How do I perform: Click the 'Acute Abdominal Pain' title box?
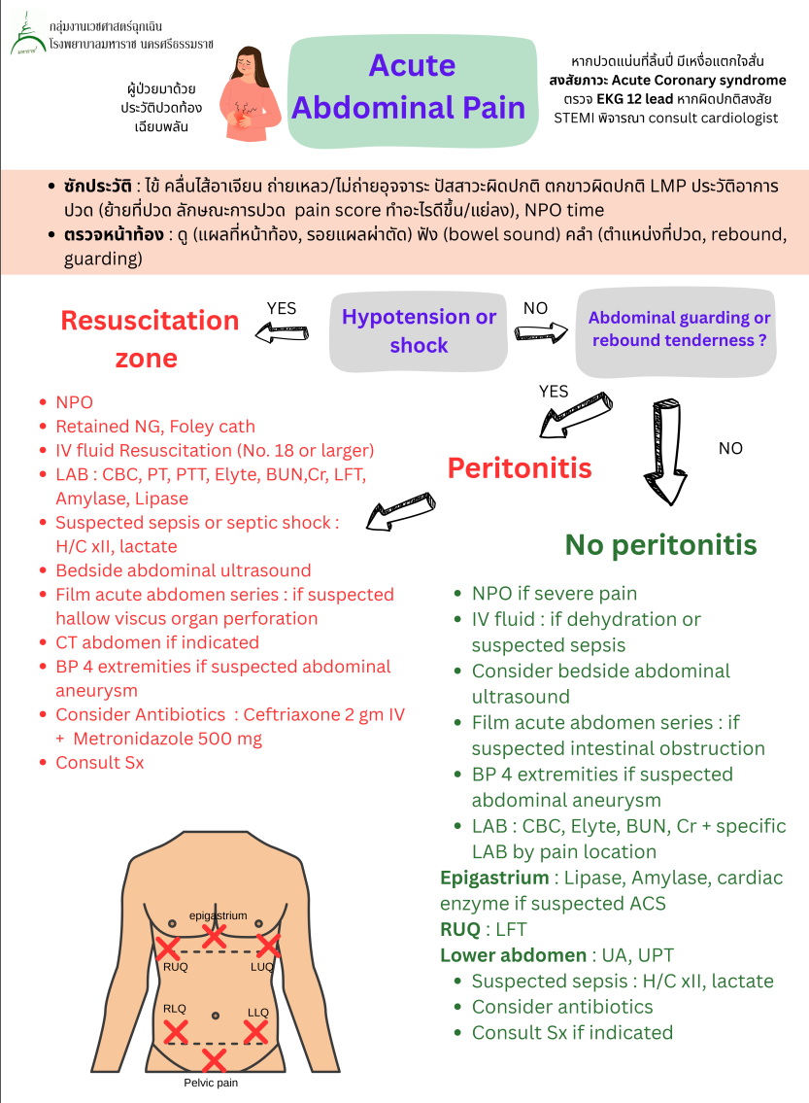411,86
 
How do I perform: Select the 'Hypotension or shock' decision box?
419,330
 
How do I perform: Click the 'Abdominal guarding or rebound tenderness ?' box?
679,330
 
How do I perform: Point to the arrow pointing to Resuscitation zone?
280,333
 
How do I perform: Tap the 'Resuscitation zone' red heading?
149,338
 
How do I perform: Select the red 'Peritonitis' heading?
520,467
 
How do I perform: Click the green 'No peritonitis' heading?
660,544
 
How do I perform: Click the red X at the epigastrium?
214,936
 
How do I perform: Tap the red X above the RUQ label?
168,947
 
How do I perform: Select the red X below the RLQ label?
175,1030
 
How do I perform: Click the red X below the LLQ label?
254,1030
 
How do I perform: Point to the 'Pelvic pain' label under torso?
211,1082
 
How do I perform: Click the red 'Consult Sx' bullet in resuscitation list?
99,763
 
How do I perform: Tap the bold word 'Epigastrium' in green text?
493,879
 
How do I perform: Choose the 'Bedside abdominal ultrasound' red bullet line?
183,570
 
